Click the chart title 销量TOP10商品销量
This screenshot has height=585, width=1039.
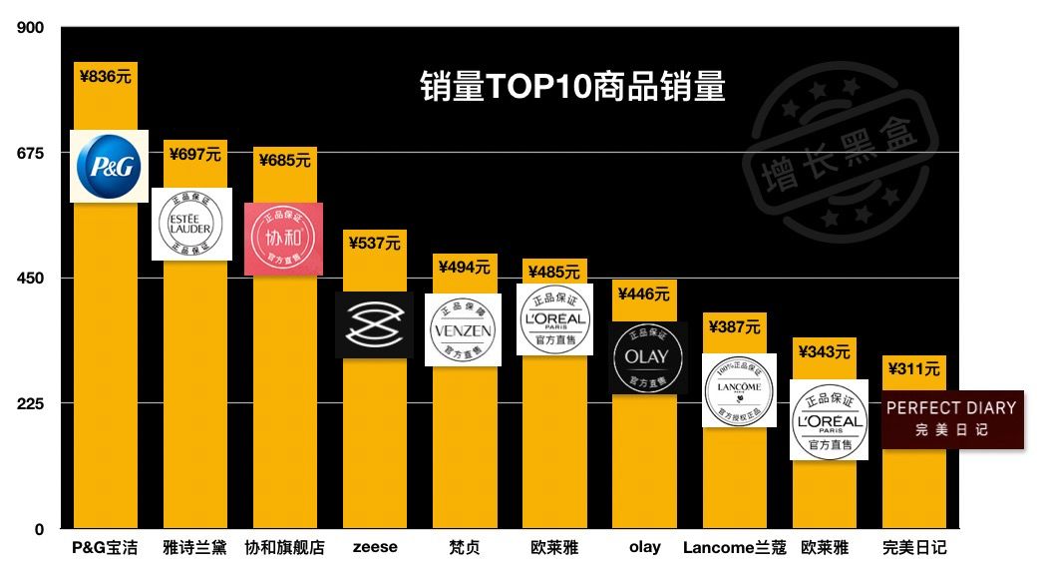(x=571, y=88)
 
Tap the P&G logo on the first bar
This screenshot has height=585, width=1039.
(x=109, y=166)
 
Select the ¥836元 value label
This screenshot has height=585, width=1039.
(x=105, y=75)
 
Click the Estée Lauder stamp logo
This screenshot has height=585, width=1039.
(x=191, y=225)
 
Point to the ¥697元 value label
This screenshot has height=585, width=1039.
(x=195, y=154)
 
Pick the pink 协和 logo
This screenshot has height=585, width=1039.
(x=283, y=239)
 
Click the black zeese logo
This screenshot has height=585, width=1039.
(x=374, y=324)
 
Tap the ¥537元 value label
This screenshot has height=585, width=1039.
(x=374, y=243)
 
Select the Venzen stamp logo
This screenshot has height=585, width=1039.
(x=463, y=329)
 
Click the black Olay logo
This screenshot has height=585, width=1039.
(x=648, y=357)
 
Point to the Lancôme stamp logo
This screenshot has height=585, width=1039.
(x=739, y=390)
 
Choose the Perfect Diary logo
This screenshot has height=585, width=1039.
(x=952, y=418)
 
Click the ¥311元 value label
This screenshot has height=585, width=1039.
(x=913, y=369)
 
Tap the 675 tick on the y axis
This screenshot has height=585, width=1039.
(x=30, y=153)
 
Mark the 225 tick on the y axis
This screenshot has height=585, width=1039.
(x=30, y=403)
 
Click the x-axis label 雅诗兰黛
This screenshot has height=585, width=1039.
(x=194, y=547)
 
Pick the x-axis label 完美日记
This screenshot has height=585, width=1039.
(x=914, y=547)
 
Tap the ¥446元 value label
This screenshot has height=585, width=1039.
(x=644, y=293)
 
